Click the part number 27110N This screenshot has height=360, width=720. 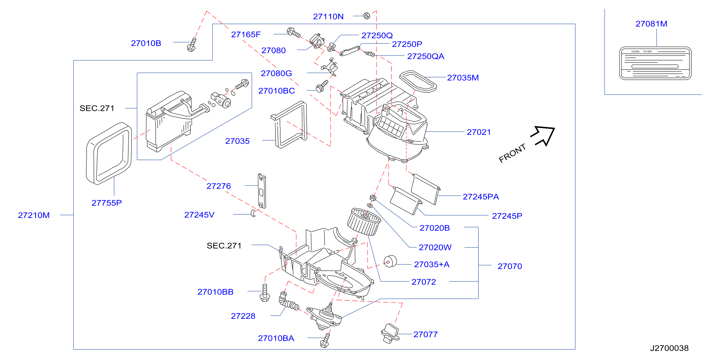[328, 16]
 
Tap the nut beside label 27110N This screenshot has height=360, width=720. [367, 16]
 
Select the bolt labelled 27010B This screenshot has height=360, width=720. [192, 45]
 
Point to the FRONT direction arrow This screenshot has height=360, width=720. [543, 136]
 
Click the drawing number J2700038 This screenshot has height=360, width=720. [669, 348]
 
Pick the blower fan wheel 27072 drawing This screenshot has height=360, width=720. [364, 222]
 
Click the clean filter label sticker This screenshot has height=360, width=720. [655, 63]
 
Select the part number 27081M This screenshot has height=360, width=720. [651, 24]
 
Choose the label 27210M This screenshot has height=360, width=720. [34, 215]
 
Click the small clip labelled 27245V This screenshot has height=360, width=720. [253, 213]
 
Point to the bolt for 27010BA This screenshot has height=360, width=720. [325, 340]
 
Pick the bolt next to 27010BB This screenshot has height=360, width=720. [265, 293]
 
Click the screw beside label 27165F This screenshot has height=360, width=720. [294, 33]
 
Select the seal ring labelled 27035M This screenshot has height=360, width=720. [418, 81]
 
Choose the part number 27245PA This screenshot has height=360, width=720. [481, 196]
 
